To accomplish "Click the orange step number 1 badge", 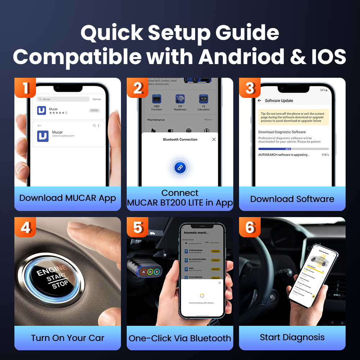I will [25, 88].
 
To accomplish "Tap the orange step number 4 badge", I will [25, 227].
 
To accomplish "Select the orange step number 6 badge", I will [250, 227].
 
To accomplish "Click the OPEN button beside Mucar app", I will [94, 111].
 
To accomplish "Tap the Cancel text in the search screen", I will [97, 99].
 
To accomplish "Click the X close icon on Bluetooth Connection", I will [214, 139].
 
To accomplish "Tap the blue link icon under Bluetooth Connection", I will [180, 167].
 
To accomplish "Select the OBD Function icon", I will [157, 99].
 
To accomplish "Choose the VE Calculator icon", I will [203, 99].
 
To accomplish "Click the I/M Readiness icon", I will [180, 99].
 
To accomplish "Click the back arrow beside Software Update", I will [260, 101].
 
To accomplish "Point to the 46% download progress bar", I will [293, 149].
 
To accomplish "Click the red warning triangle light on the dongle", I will [143, 272].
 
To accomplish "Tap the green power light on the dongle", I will [150, 272].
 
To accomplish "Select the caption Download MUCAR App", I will [68, 198].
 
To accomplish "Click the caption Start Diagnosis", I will [292, 337].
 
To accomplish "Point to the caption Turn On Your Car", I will [68, 338].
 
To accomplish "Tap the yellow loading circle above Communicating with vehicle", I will [202, 296].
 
